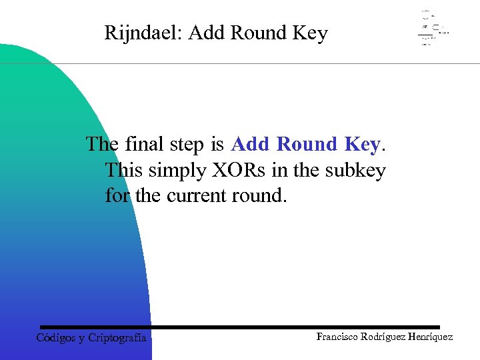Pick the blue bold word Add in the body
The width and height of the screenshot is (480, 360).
251,144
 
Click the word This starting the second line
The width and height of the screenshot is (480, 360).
124,171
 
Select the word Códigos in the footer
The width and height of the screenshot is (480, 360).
55,337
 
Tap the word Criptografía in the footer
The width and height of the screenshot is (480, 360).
117,338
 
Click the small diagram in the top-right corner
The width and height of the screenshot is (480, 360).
433,28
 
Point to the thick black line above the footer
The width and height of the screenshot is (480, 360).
240,327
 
